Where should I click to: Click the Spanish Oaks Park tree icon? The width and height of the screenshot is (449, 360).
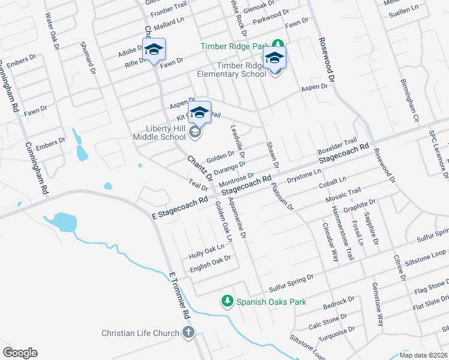(x=228, y=301)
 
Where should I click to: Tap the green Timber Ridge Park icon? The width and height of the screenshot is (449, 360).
(x=278, y=44)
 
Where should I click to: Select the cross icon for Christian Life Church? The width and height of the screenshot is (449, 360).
(x=188, y=333)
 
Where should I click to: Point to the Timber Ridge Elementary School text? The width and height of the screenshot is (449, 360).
(x=232, y=70)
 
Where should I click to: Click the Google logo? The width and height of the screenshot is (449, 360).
(x=20, y=352)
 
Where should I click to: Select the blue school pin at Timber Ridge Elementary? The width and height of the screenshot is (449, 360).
(x=274, y=58)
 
